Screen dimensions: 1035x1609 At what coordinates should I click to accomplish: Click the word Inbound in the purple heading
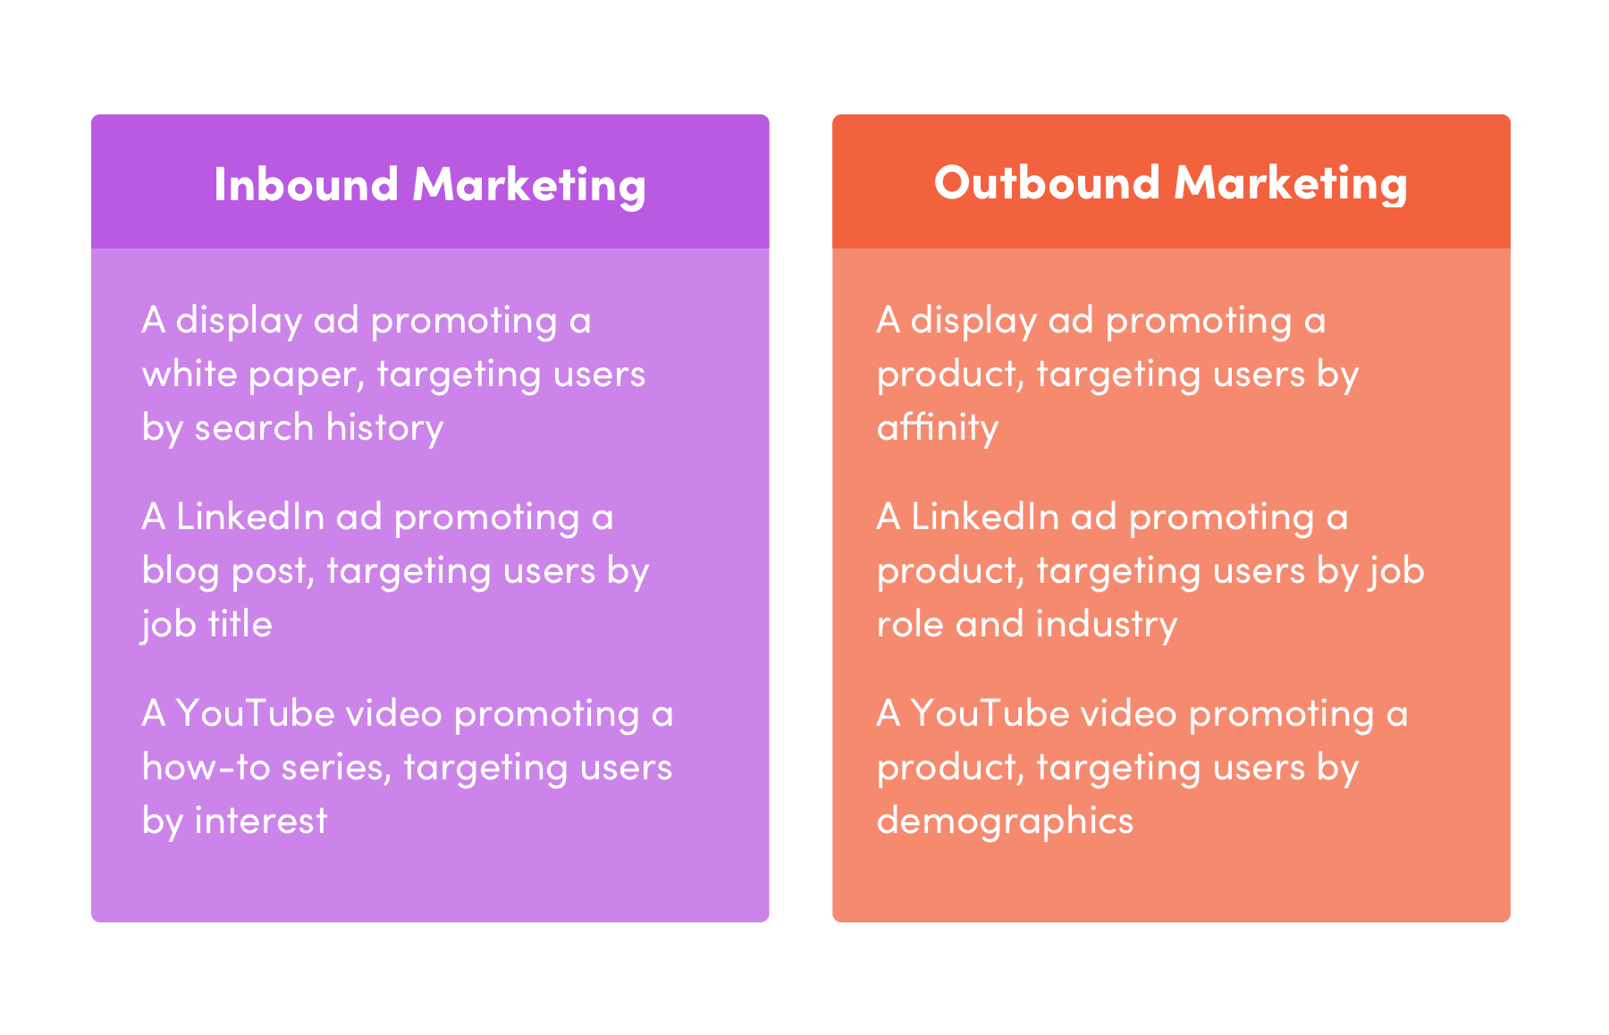point(306,185)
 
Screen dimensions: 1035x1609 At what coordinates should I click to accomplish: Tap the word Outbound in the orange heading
point(1047,183)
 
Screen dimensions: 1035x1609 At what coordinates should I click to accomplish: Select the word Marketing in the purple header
point(529,185)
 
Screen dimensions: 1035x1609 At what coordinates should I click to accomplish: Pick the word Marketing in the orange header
point(1291,183)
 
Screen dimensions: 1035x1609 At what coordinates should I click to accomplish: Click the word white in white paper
point(189,374)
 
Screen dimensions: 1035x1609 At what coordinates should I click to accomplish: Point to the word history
point(384,427)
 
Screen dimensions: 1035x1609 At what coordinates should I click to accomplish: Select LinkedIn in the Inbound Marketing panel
point(249,517)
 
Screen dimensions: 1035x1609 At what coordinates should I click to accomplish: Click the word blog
point(181,570)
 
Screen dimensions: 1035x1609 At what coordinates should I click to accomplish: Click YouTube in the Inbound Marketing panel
point(255,713)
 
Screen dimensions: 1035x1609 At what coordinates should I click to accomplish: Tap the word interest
point(261,820)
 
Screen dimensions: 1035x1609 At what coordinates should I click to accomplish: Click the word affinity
point(937,427)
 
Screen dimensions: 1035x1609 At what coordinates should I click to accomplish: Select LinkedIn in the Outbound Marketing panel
point(984,517)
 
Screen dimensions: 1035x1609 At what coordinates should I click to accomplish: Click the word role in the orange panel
point(910,624)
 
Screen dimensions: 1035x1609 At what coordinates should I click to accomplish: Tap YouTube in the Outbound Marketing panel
point(990,713)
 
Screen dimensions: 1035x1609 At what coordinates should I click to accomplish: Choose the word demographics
point(1005,820)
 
